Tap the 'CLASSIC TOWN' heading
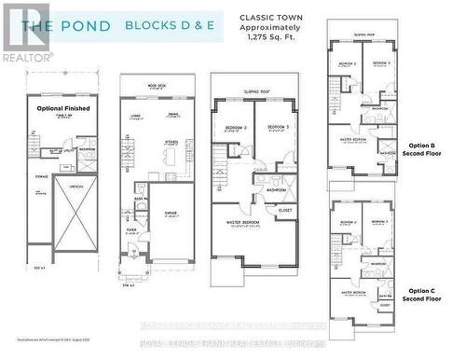click(270, 17)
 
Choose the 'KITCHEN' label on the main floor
click(171, 142)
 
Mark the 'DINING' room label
click(173, 116)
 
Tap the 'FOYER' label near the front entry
click(132, 227)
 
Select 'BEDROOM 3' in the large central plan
click(272, 127)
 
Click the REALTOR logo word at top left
click(25, 57)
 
